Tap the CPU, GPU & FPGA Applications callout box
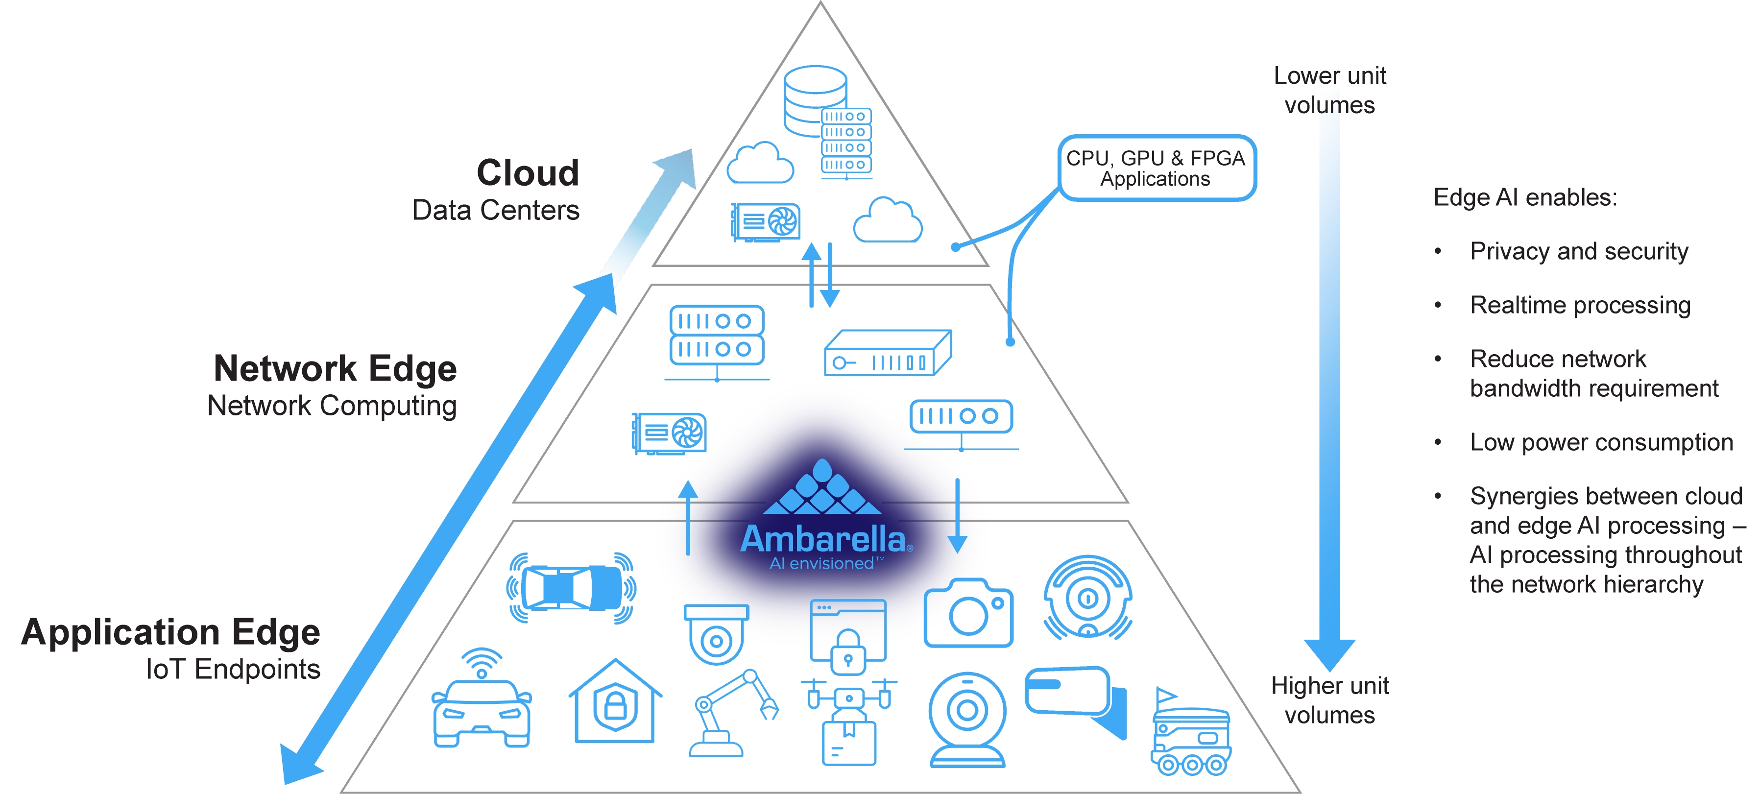tap(1156, 168)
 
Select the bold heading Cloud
tap(528, 172)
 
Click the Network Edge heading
tap(335, 368)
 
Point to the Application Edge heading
tap(171, 631)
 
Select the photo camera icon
tap(968, 612)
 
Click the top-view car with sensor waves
tap(571, 588)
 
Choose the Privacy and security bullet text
tap(1578, 251)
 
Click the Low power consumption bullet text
tap(1601, 442)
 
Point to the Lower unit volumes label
tap(1329, 90)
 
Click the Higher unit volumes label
tap(1329, 699)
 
